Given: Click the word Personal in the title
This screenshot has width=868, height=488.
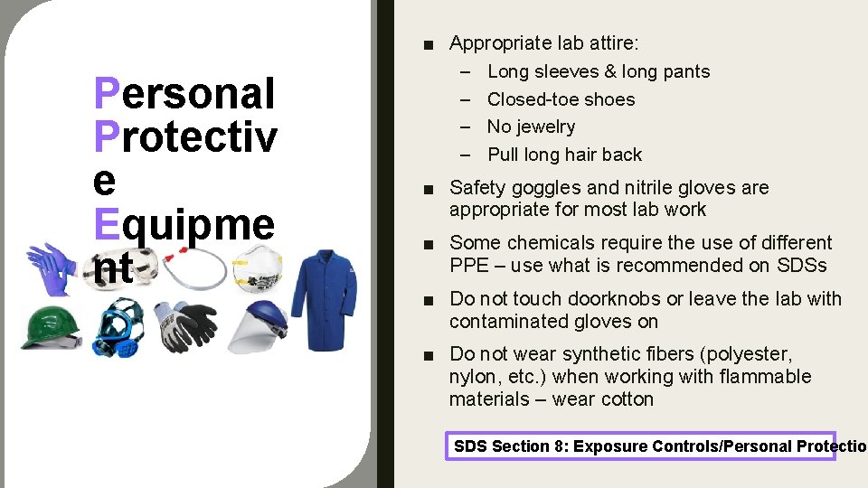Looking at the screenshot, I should pyautogui.click(x=184, y=94).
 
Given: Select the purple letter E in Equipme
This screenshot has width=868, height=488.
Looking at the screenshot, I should pyautogui.click(x=106, y=224).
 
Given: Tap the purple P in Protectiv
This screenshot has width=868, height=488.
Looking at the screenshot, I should pyautogui.click(x=106, y=137).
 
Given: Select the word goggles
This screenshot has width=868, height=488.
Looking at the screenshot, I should pyautogui.click(x=533, y=188).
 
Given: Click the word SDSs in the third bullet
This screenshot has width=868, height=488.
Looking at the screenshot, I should pyautogui.click(x=801, y=266).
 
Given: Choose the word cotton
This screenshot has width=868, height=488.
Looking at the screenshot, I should pyautogui.click(x=624, y=399).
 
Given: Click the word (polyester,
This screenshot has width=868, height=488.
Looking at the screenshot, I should pyautogui.click(x=747, y=354).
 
